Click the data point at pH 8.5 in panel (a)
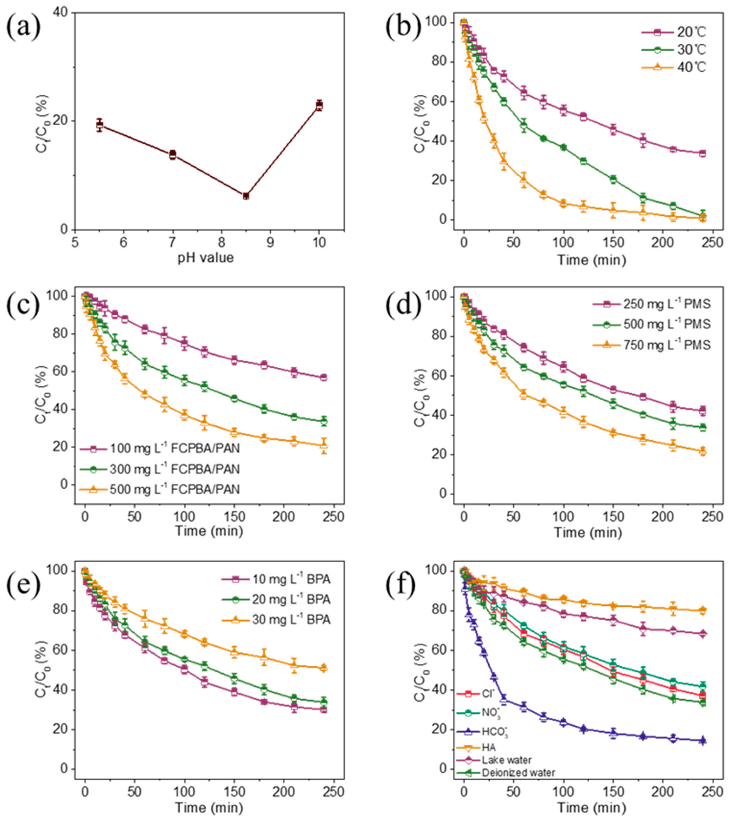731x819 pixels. tap(246, 196)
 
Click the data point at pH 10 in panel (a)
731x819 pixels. tap(319, 105)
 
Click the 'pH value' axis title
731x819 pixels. tap(206, 257)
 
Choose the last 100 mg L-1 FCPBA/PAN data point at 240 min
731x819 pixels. tap(323, 377)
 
